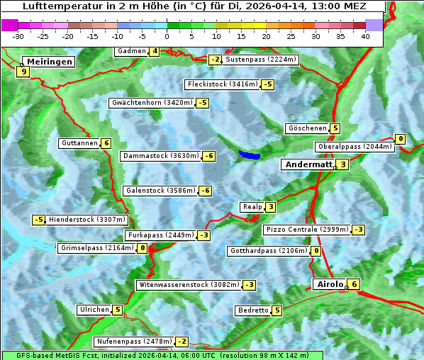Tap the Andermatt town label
[x=308, y=164]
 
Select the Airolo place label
[x=330, y=284]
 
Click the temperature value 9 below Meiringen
[x=23, y=72]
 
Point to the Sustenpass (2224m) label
[x=260, y=60]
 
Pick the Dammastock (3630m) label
[x=160, y=156]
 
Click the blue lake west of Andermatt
[x=249, y=154]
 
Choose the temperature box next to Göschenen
[x=335, y=128]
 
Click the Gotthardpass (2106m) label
[x=268, y=251]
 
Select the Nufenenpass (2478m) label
[x=134, y=342]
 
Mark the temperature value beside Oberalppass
[x=401, y=139]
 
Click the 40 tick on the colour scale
[x=365, y=35]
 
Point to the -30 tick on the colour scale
[x=18, y=35]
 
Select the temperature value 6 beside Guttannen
[x=106, y=143]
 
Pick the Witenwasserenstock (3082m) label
[x=188, y=285]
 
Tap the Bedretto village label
[x=252, y=310]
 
